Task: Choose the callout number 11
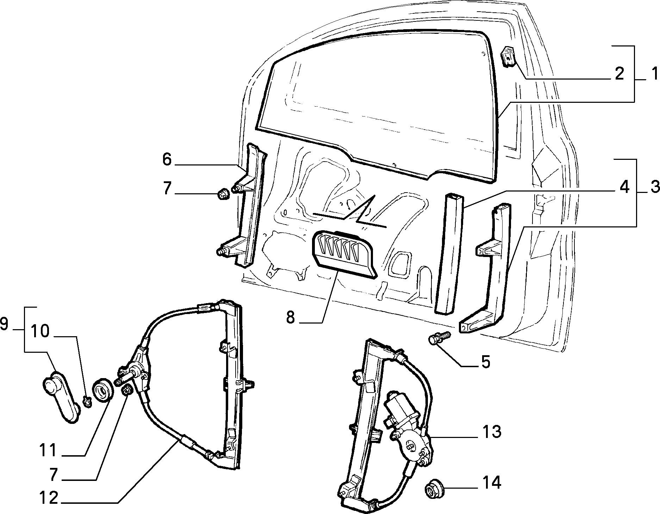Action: click(48, 450)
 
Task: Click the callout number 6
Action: click(167, 159)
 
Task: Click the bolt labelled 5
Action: click(440, 338)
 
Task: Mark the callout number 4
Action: click(624, 187)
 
